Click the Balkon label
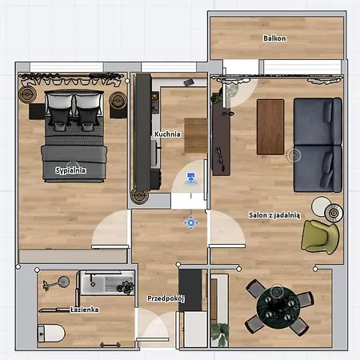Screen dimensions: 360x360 [x=274, y=38]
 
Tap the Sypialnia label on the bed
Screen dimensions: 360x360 [x=70, y=170]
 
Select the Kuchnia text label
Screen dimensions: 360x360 [x=167, y=134]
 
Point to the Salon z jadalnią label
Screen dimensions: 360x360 [x=274, y=215]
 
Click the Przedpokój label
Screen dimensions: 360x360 [x=166, y=298]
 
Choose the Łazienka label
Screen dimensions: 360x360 [x=85, y=310]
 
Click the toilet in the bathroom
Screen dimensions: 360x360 [x=51, y=333]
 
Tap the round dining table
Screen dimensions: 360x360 [x=278, y=307]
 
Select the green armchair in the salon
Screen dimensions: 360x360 [x=320, y=236]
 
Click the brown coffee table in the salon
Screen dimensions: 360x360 [x=270, y=127]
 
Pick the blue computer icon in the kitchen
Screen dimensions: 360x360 [x=191, y=178]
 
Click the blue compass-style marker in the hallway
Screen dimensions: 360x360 [x=190, y=222]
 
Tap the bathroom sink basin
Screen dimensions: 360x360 [x=93, y=284]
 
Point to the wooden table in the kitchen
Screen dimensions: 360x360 [x=195, y=135]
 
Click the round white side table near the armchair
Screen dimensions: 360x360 [x=322, y=206]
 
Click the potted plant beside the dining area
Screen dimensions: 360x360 [x=220, y=334]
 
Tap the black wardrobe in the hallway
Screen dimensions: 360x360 [x=190, y=290]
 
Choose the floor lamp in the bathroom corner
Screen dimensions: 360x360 [x=57, y=283]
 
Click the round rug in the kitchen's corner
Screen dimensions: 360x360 [x=139, y=196]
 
